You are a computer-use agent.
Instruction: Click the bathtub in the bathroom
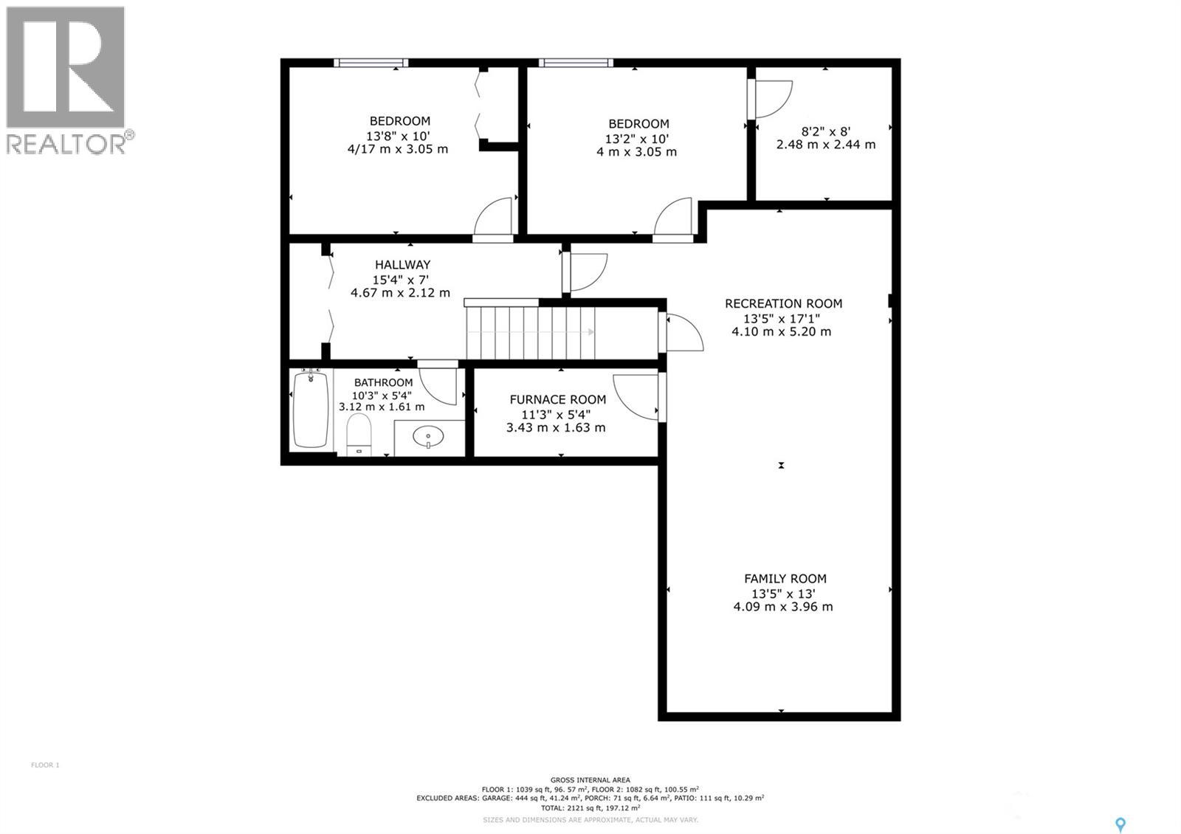click(x=311, y=410)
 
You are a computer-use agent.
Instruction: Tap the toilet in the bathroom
click(x=359, y=434)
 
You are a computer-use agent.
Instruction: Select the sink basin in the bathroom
click(x=428, y=438)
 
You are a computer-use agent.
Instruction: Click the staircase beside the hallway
click(x=530, y=333)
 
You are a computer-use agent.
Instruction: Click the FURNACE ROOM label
click(x=557, y=399)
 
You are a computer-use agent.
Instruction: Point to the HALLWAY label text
click(x=402, y=264)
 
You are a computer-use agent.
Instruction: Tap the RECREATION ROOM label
click(x=783, y=303)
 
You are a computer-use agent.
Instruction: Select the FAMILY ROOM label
click(x=785, y=579)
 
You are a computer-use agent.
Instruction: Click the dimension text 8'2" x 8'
click(x=825, y=131)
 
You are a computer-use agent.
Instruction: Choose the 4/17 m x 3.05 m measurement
click(x=399, y=149)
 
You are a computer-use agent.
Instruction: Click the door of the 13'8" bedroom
click(x=492, y=218)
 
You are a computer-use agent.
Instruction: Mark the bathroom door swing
click(x=440, y=385)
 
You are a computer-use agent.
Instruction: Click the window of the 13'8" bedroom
click(x=371, y=63)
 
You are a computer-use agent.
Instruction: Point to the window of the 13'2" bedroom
click(x=576, y=63)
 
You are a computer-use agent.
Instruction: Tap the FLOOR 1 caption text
click(x=45, y=765)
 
